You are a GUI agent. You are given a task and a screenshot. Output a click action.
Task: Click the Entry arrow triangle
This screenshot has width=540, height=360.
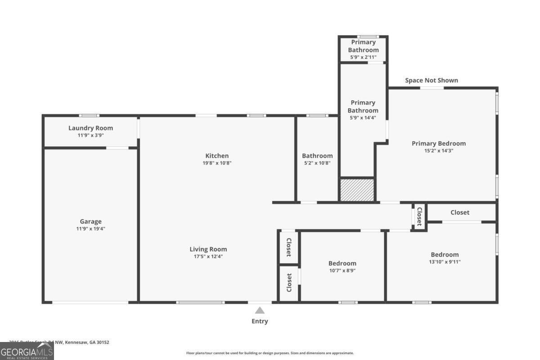click(260, 310)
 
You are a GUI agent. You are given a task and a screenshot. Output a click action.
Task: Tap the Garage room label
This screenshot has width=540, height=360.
click(90, 221)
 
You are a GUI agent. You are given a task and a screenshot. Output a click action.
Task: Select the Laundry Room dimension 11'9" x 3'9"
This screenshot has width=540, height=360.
click(90, 135)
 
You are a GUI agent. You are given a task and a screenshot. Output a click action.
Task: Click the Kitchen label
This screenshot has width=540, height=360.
click(217, 156)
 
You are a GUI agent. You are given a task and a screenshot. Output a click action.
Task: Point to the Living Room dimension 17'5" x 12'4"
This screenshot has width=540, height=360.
click(208, 256)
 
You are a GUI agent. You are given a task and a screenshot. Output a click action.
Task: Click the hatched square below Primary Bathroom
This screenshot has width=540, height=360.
click(357, 190)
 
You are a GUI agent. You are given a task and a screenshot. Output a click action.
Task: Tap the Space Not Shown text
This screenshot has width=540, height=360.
click(432, 80)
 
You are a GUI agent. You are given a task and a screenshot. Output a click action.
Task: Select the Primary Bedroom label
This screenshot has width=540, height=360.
click(439, 144)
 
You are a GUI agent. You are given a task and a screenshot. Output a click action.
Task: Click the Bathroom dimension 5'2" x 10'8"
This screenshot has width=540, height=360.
click(317, 163)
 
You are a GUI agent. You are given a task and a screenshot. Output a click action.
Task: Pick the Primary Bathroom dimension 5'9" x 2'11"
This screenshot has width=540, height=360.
click(363, 57)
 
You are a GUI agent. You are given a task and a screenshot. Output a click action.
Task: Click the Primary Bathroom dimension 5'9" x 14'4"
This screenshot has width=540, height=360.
click(363, 118)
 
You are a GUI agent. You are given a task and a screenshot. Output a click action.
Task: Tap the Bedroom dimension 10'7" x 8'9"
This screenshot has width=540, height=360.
click(342, 270)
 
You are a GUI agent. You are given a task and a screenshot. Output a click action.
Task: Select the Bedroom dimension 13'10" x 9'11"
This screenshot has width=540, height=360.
click(445, 261)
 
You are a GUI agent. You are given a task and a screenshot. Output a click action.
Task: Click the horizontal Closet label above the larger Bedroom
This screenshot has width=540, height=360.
click(460, 212)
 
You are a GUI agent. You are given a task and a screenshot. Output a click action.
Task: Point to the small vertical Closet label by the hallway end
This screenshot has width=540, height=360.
click(419, 216)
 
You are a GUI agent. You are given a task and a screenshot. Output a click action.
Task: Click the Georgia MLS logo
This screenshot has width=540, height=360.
click(27, 351)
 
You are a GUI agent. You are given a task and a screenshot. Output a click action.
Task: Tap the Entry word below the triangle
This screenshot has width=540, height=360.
click(260, 321)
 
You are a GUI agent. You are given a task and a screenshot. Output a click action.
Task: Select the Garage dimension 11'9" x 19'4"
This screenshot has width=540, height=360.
click(90, 229)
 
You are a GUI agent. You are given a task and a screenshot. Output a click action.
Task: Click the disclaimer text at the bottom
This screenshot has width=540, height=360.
click(270, 353)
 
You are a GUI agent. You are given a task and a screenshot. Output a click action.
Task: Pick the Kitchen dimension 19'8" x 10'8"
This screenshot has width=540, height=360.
click(217, 163)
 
